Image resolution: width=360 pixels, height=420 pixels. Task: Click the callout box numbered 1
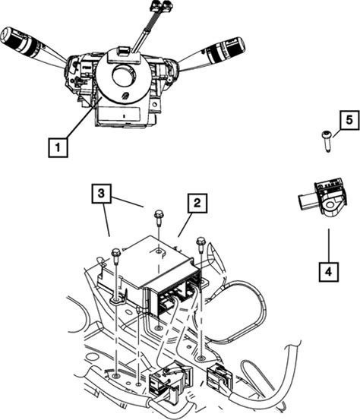58,147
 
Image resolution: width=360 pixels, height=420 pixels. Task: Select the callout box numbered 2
197,203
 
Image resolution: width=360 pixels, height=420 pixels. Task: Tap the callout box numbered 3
101,194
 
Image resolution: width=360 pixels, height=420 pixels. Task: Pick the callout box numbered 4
329,272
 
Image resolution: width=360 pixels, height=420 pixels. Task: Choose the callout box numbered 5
349,120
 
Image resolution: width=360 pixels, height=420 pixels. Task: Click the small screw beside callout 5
327,141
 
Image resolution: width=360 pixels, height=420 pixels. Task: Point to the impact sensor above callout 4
323,197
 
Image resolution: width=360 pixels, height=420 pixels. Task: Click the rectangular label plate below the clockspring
120,115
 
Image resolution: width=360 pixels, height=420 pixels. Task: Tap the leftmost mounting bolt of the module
115,256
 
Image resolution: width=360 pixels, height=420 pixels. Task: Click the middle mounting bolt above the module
158,217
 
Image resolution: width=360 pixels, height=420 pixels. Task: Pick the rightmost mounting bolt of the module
201,244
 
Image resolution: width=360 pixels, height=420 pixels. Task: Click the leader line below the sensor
329,245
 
